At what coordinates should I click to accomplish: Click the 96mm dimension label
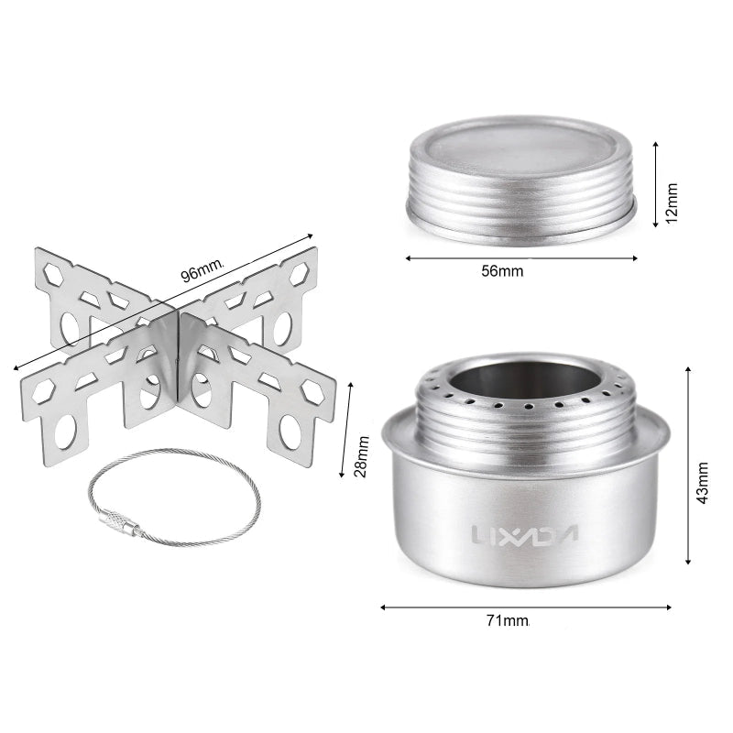tap(202, 270)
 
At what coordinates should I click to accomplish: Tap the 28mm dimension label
tap(361, 455)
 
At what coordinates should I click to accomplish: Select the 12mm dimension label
tap(671, 203)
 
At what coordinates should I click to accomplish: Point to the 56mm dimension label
tap(502, 271)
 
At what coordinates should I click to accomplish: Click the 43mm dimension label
tap(702, 483)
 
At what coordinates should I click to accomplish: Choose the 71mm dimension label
tap(508, 620)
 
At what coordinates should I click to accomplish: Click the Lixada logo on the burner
tap(524, 534)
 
